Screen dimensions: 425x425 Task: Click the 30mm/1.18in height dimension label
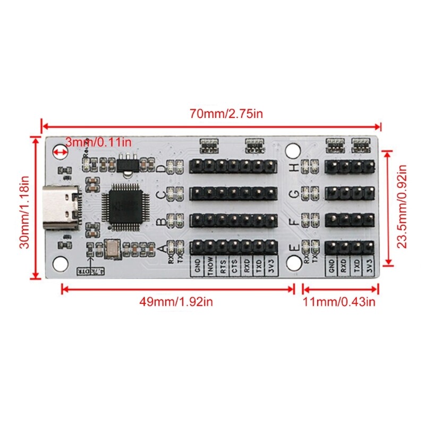[x=22, y=207]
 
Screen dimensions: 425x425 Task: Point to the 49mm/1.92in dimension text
[x=177, y=302]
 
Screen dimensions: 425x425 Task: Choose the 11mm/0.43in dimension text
[x=341, y=302]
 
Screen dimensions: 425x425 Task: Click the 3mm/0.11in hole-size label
[x=98, y=142]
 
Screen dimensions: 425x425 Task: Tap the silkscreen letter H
[x=294, y=167]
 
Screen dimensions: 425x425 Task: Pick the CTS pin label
[x=234, y=267]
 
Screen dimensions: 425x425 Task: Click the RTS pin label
[x=222, y=267]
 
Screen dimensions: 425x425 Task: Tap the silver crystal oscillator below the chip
[x=113, y=248]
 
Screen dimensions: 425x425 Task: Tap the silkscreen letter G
[x=294, y=194]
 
